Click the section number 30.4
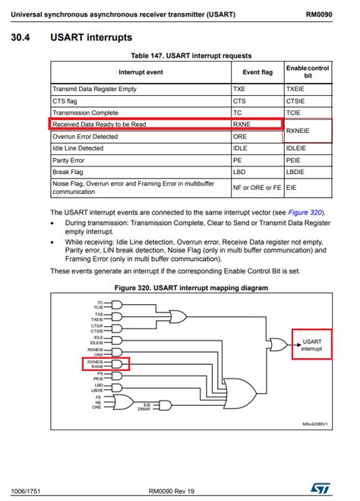coord(25,37)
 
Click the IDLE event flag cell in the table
coord(241,147)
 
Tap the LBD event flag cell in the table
coord(239,171)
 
